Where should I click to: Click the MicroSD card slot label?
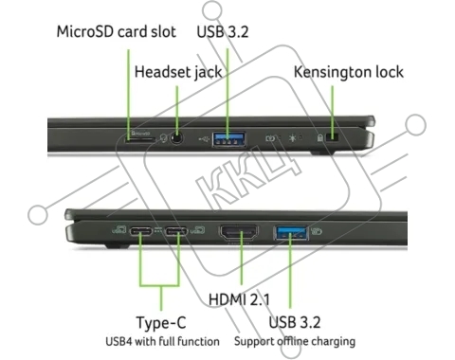[x=116, y=32]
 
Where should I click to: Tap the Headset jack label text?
[x=178, y=72]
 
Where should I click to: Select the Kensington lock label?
[x=349, y=72]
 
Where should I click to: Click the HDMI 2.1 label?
[x=239, y=299]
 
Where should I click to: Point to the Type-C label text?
[x=161, y=323]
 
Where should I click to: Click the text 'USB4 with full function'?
[x=162, y=341]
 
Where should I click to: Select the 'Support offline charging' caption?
[x=295, y=341]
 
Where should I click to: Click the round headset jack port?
[x=177, y=138]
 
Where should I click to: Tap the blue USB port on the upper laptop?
[x=229, y=139]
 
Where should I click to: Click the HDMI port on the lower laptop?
[x=239, y=232]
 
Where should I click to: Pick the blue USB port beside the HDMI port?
[x=291, y=232]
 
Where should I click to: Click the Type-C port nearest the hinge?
[x=141, y=231]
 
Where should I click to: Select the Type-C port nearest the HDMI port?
[x=176, y=231]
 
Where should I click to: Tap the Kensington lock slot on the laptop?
[x=332, y=137]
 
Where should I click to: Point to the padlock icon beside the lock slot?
[x=320, y=137]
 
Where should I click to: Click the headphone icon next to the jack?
[x=163, y=138]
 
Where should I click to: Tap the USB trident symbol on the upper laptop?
[x=204, y=138]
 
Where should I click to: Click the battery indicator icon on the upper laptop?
[x=270, y=138]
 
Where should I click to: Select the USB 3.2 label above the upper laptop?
[x=223, y=32]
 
